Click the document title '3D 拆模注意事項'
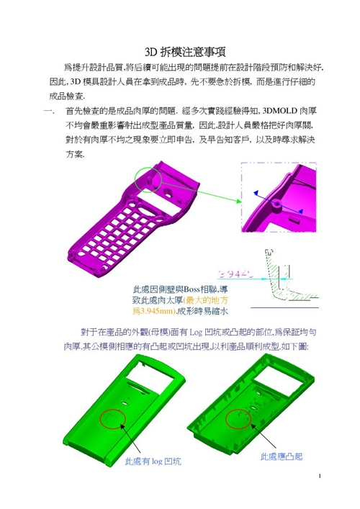click(x=186, y=52)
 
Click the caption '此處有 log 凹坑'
click(x=153, y=461)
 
